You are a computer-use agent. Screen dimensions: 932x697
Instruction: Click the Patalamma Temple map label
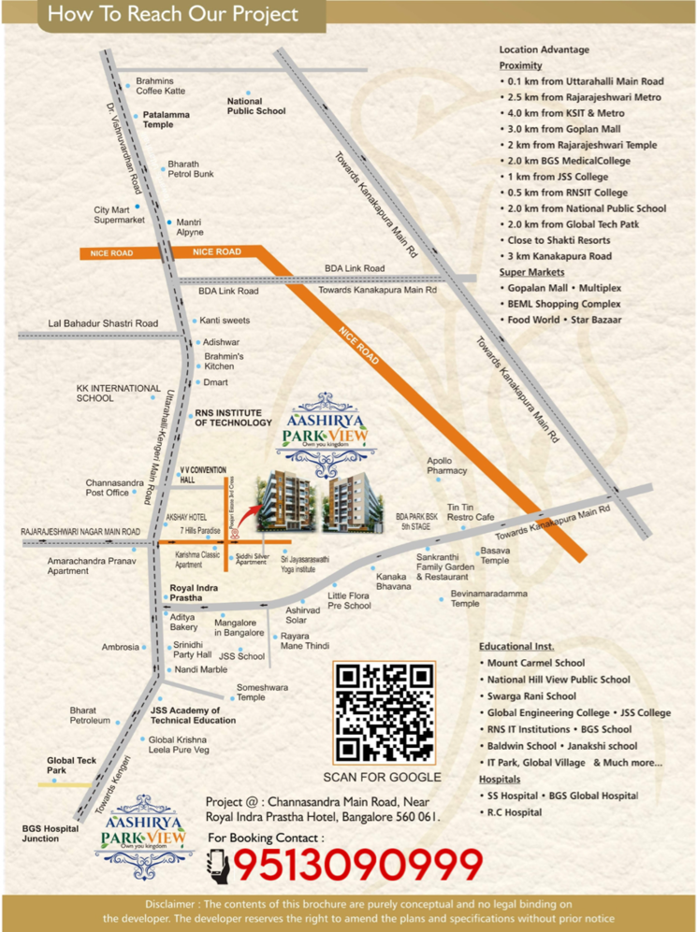[x=166, y=119]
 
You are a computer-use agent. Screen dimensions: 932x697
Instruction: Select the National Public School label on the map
[x=255, y=106]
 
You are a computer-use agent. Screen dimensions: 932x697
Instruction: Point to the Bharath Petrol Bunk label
[x=190, y=168]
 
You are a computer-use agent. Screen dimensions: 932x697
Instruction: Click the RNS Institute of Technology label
[x=233, y=418]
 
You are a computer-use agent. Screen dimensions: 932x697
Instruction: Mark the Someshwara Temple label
[x=262, y=692]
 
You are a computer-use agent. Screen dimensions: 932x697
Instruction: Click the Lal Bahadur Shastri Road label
[x=103, y=323]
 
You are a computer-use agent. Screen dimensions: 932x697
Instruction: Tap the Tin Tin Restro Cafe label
[x=470, y=511]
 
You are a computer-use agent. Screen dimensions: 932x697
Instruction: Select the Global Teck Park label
[x=71, y=766]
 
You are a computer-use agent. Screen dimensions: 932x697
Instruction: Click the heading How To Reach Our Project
[x=173, y=15]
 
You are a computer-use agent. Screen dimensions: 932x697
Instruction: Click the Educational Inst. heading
[x=516, y=646]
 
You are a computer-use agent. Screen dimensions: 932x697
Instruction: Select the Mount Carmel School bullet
[x=536, y=663]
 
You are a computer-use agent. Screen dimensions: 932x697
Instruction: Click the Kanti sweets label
[x=225, y=321]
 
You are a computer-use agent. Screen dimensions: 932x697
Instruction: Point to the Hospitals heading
[x=500, y=779]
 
